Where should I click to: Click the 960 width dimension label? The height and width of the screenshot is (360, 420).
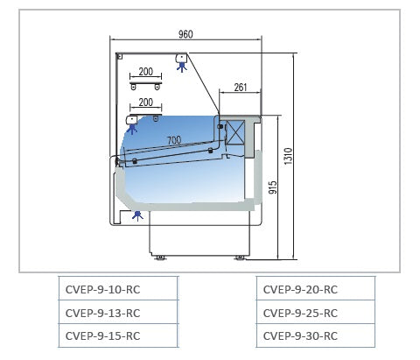click(x=185, y=34)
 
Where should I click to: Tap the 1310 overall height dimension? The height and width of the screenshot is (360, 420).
click(x=288, y=157)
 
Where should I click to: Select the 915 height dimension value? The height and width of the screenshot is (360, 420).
click(x=273, y=187)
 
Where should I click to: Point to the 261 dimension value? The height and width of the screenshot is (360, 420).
click(x=241, y=88)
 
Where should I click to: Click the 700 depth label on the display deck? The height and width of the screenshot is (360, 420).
click(x=174, y=140)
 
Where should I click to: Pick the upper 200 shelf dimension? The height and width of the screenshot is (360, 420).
click(x=146, y=72)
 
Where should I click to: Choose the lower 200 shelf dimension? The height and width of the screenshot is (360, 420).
click(x=146, y=102)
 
